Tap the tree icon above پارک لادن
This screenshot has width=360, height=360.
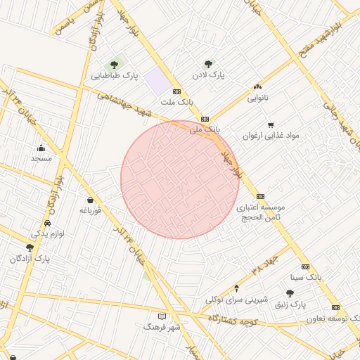click(x=207, y=64)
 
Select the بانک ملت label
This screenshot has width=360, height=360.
click(x=176, y=102)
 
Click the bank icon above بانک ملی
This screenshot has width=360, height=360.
click(x=205, y=120)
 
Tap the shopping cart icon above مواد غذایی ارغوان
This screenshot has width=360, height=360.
click(x=271, y=124)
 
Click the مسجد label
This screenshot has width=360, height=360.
click(x=41, y=158)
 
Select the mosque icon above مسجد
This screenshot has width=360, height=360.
click(x=41, y=148)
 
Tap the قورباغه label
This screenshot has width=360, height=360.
click(x=91, y=210)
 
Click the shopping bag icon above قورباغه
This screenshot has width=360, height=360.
click(x=90, y=200)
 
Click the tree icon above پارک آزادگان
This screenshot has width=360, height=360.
click(x=30, y=247)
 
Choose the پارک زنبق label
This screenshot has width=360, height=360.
click(x=290, y=304)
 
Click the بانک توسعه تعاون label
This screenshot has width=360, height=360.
click(x=330, y=318)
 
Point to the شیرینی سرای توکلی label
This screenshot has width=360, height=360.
click(x=236, y=299)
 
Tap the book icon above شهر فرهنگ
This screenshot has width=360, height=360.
click(x=162, y=316)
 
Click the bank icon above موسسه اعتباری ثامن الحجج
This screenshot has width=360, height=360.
click(x=261, y=196)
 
